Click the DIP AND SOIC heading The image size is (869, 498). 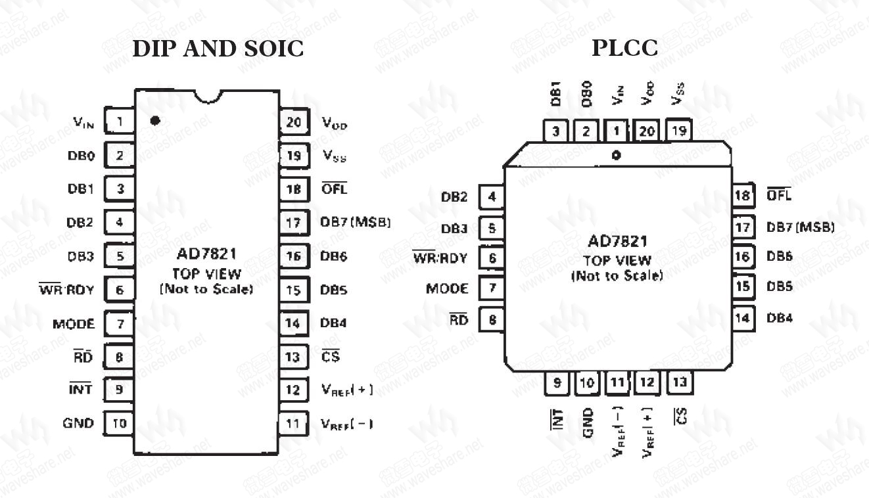pyautogui.click(x=218, y=49)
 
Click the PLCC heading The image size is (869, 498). pyautogui.click(x=624, y=49)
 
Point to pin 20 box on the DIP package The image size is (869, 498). pyautogui.click(x=293, y=122)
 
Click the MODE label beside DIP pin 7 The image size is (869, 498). pyautogui.click(x=74, y=324)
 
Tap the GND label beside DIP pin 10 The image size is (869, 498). pyautogui.click(x=78, y=424)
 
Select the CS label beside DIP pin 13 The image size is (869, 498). pyautogui.click(x=331, y=357)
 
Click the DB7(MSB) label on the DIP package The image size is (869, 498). pyautogui.click(x=356, y=223)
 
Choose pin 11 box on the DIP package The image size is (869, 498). pyautogui.click(x=293, y=424)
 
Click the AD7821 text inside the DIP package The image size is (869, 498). pyautogui.click(x=206, y=254)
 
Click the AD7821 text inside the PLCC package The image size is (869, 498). pyautogui.click(x=618, y=242)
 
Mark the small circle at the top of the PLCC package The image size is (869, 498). pyautogui.click(x=616, y=156)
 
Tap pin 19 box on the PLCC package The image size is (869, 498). pyautogui.click(x=679, y=131)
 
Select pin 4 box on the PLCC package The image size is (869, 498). pyautogui.click(x=491, y=196)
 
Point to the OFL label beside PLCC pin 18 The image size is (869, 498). pyautogui.click(x=780, y=195)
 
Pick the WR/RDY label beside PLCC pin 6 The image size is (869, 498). pyautogui.click(x=440, y=258)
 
